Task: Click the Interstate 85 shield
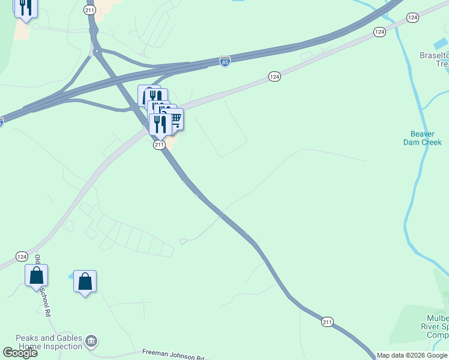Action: [x=224, y=61]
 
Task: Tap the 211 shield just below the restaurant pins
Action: [x=159, y=145]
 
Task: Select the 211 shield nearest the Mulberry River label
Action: [x=327, y=322]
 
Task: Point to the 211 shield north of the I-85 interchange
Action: [x=89, y=10]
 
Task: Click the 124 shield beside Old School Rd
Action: [x=22, y=256]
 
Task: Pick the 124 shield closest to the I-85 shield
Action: [x=274, y=76]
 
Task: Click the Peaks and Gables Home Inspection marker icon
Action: [x=91, y=342]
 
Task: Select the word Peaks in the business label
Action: [x=28, y=338]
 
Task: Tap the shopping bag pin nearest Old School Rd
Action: [x=36, y=275]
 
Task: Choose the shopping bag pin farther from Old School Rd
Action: [x=85, y=281]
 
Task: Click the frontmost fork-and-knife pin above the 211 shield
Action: [x=160, y=124]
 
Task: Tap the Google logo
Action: [x=20, y=353]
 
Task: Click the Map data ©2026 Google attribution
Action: [x=412, y=355]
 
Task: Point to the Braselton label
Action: [x=433, y=55]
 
